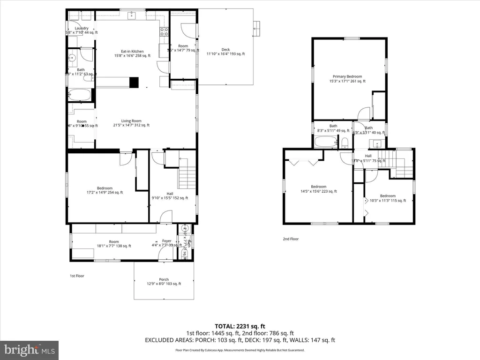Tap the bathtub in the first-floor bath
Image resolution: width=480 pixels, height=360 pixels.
click(x=79, y=95)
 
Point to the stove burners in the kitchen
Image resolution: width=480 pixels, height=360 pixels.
click(x=164, y=32)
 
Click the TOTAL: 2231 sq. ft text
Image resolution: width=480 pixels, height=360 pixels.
click(x=240, y=326)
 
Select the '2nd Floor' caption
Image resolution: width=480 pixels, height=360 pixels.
click(x=291, y=239)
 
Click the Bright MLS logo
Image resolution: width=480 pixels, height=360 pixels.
click(x=29, y=350)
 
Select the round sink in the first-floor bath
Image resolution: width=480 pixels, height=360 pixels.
click(x=73, y=59)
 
